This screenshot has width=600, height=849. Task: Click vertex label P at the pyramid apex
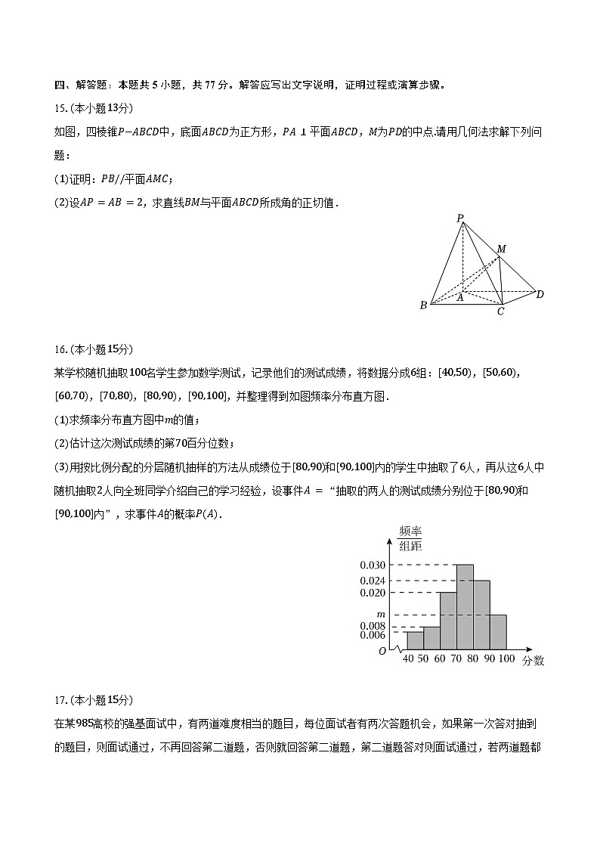pos(459,218)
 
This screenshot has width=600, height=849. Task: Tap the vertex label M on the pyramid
pos(501,249)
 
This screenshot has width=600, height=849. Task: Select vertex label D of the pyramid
pos(540,294)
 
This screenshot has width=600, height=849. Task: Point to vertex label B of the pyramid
pos(423,305)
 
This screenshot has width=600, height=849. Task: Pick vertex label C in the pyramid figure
pos(500,311)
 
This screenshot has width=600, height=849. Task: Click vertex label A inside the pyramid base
pos(459,298)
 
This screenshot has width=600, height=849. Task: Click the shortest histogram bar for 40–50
pos(415,640)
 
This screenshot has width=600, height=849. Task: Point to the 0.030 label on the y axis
pos(373,565)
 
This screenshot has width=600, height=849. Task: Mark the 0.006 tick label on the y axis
pos(373,635)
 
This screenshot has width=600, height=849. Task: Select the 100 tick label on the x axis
pos(506,659)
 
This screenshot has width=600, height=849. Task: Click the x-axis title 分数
pos(533,661)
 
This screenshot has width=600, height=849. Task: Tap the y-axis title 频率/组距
pos(410,538)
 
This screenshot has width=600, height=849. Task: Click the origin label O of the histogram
pos(382,651)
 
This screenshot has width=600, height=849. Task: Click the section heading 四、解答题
pos(79,85)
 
